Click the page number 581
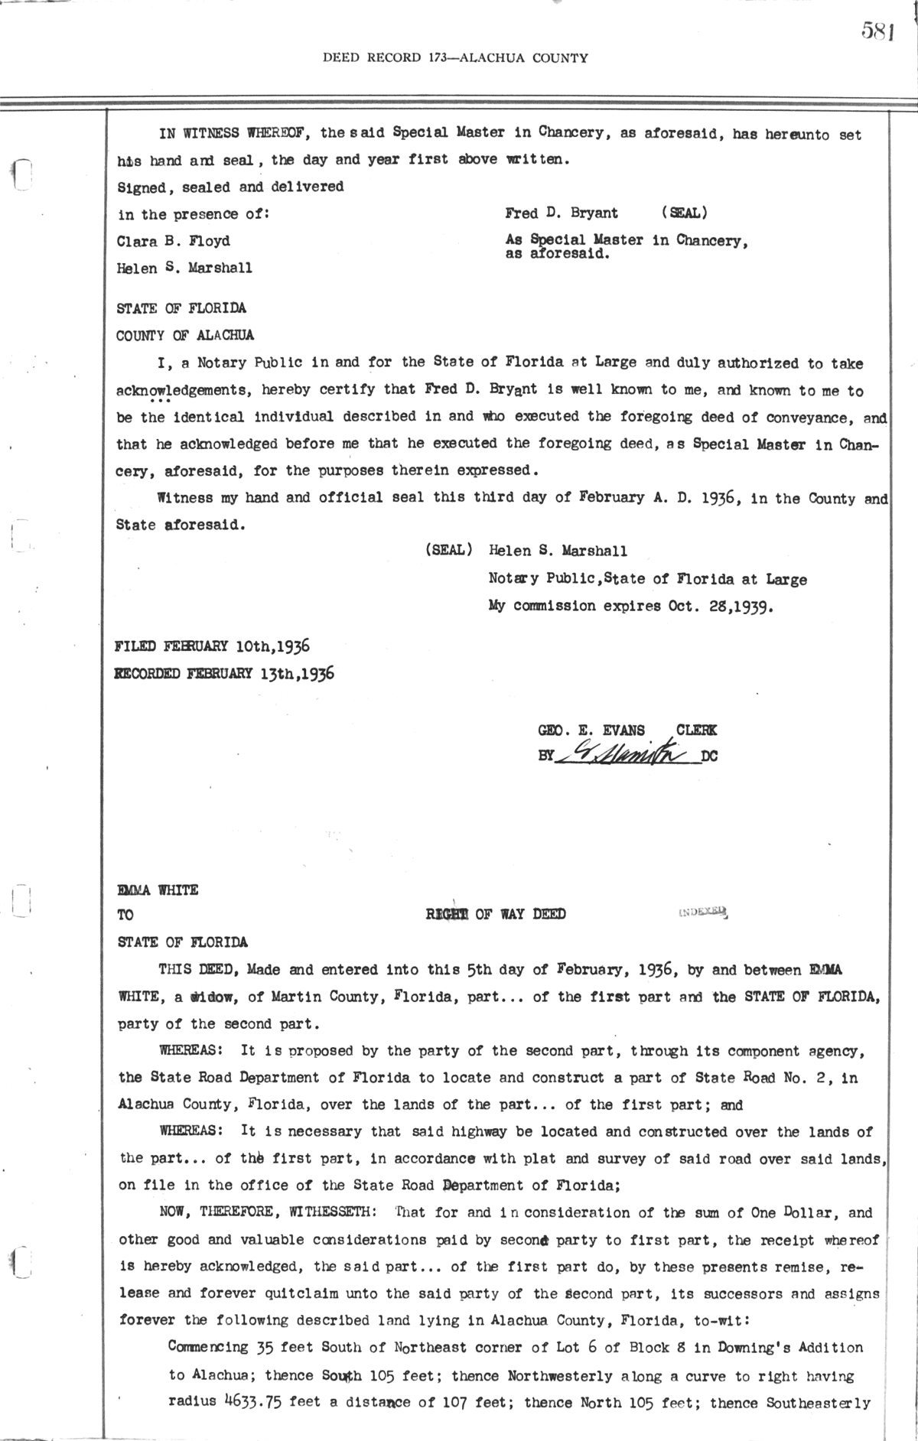(x=877, y=31)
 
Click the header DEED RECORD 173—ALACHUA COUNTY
(x=455, y=57)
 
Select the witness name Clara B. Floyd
(x=173, y=241)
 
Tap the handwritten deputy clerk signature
(x=626, y=755)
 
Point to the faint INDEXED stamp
(x=702, y=912)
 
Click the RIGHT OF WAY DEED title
(x=496, y=914)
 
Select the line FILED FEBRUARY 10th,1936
(x=212, y=646)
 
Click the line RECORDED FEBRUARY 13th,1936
(x=223, y=674)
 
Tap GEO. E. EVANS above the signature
(x=591, y=730)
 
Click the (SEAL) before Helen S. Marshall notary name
(x=448, y=551)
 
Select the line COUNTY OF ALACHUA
(x=185, y=335)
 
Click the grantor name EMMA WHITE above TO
(x=158, y=890)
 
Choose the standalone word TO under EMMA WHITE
(x=125, y=915)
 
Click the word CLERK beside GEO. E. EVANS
(x=696, y=730)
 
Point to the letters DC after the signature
(x=709, y=757)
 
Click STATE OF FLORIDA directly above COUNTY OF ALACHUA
(x=181, y=308)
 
